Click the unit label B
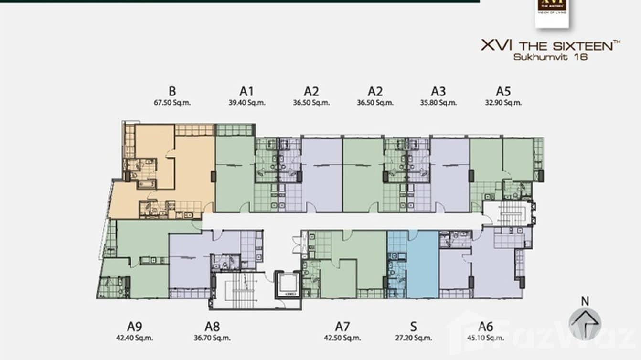pos(172,91)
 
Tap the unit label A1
pos(246,91)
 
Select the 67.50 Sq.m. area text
pos(172,102)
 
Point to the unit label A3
pos(438,91)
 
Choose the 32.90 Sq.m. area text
pos(503,102)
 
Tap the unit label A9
pos(134,327)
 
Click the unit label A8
pos(212,327)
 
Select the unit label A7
pos(342,327)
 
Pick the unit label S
pos(414,327)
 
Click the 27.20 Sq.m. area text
pos(414,338)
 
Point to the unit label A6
pos(485,327)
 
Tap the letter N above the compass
pos(585,301)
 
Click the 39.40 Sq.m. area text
pos(246,102)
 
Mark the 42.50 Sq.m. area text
pos(342,338)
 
